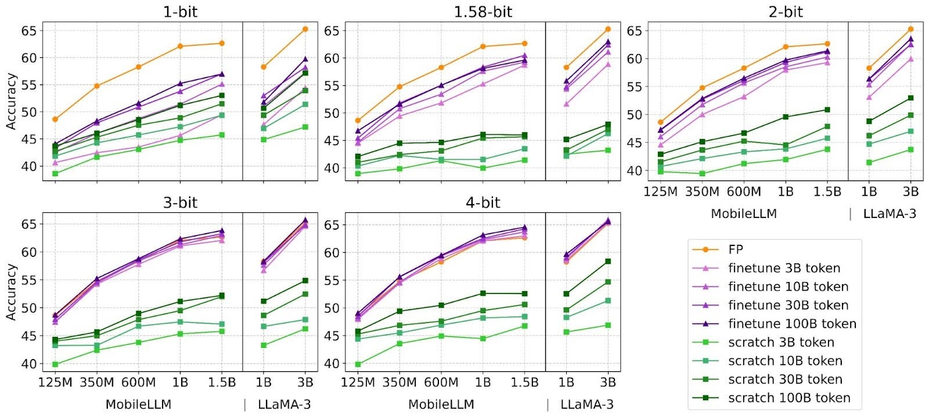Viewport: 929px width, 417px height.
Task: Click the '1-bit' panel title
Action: click(x=180, y=12)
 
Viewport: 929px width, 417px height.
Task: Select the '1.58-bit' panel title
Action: click(x=483, y=12)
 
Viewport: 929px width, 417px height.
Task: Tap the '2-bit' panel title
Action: click(x=786, y=12)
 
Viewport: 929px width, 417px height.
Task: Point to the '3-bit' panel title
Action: click(x=180, y=202)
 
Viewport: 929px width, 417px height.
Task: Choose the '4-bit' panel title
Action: click(x=483, y=202)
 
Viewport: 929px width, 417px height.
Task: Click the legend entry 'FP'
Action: click(x=735, y=249)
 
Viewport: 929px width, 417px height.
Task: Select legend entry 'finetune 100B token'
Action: click(x=792, y=324)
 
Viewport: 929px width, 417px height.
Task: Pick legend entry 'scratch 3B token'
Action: click(x=781, y=342)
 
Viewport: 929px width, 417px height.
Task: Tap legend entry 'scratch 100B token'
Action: click(x=789, y=398)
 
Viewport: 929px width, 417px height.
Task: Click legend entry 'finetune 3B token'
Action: click(x=784, y=268)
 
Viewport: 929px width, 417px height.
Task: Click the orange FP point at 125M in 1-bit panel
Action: click(x=55, y=119)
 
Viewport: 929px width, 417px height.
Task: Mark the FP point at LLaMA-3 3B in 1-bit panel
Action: click(x=305, y=29)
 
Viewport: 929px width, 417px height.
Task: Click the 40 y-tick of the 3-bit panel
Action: click(x=29, y=364)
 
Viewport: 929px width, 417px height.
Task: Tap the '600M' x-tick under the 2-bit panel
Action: click(x=744, y=191)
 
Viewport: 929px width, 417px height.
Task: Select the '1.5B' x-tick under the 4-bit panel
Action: click(x=524, y=383)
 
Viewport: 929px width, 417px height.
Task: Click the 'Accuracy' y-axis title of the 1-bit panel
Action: click(x=11, y=101)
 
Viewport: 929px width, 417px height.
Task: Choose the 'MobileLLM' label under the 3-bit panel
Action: click(x=138, y=404)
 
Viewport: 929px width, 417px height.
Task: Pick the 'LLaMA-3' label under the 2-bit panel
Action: click(x=890, y=213)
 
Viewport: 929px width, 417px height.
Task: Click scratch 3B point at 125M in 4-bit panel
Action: click(x=358, y=364)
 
